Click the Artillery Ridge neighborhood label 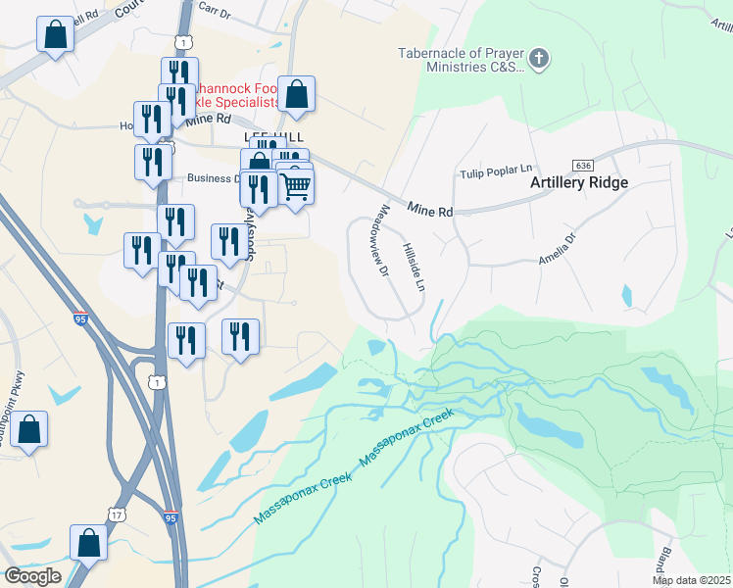coord(579,182)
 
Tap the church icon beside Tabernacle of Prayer coord(539,60)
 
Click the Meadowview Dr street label coord(383,240)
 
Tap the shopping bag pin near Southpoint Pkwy coord(29,429)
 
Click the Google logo coord(32,576)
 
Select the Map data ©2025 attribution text coord(692,580)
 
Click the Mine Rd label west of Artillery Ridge coord(430,211)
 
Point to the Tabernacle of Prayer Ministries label coord(457,61)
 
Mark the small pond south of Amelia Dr coord(626,294)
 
